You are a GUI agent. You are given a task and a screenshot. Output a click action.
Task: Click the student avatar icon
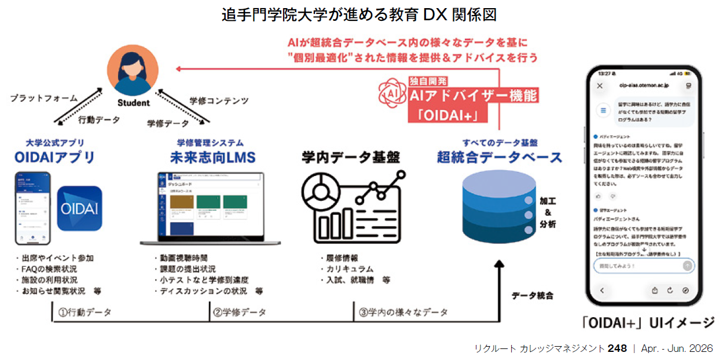(x=133, y=71)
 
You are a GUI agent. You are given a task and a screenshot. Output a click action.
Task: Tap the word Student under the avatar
(x=133, y=103)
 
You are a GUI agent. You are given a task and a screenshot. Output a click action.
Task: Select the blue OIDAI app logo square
(x=80, y=209)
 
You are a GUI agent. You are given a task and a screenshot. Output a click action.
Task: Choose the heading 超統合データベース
(x=500, y=157)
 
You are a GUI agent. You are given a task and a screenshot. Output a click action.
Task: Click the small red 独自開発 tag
(x=429, y=82)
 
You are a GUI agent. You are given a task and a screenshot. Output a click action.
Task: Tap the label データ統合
(x=533, y=296)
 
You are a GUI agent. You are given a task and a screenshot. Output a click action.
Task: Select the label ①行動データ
(x=84, y=313)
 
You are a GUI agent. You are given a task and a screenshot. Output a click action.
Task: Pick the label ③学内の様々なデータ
(x=403, y=313)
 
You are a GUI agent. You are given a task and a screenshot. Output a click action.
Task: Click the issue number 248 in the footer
(x=617, y=348)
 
